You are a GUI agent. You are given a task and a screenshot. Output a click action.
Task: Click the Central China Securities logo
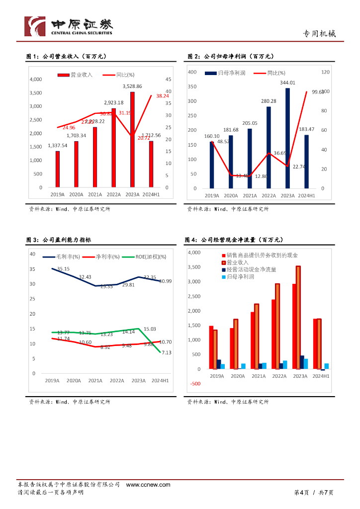69,26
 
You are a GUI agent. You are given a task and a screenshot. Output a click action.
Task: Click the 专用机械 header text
319,34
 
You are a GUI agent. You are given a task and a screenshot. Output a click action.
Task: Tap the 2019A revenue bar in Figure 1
58,169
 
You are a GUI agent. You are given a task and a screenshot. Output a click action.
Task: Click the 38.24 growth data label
162,95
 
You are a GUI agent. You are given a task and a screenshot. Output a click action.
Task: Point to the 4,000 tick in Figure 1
36,80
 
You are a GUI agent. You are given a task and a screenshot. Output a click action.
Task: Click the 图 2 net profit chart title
231,57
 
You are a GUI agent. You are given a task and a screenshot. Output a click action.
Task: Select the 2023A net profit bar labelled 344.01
287,138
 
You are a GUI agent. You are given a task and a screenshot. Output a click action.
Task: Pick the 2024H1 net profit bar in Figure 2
306,162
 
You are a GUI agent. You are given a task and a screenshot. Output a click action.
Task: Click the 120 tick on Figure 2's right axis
326,72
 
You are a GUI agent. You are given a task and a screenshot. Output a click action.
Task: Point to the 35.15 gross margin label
63,269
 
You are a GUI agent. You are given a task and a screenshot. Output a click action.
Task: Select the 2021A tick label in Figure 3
95,381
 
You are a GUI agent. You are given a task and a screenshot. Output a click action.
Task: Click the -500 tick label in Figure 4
194,384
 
